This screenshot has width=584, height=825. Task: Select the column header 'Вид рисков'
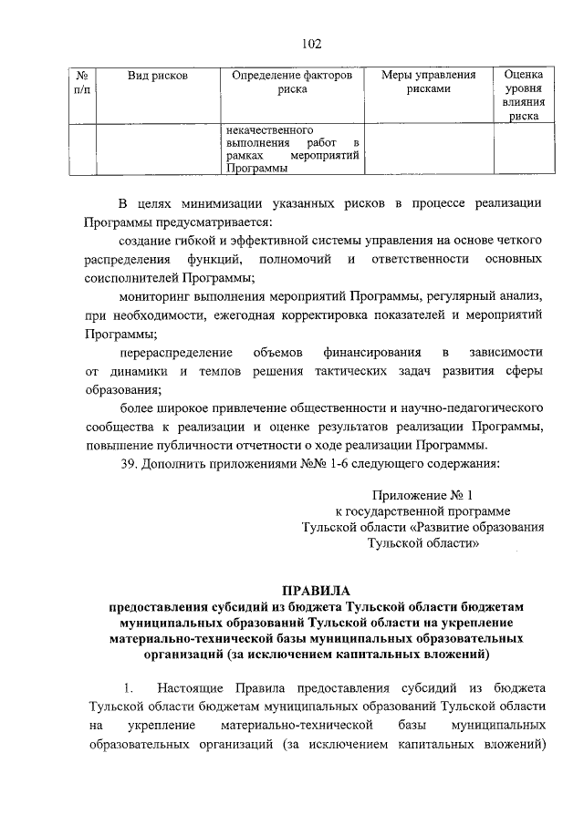(157, 75)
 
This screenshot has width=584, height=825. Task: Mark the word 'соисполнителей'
(130, 277)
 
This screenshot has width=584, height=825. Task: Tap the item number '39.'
(130, 465)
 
